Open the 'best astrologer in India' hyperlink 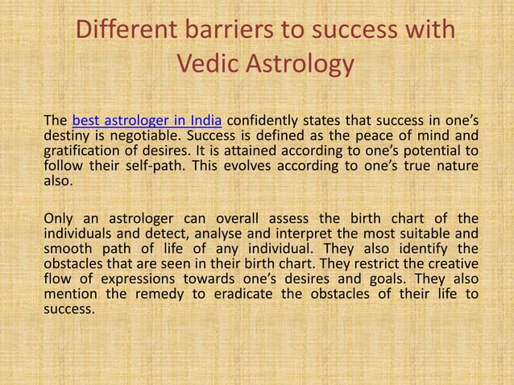coord(147,122)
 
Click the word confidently coord(267,122)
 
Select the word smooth coord(67,249)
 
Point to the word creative coord(452,263)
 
